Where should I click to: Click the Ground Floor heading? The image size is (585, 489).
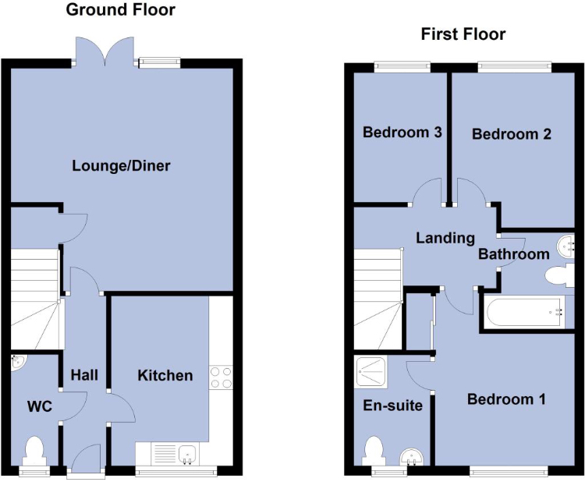tap(120, 9)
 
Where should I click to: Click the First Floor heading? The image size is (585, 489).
tap(463, 34)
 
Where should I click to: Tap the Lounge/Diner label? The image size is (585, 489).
tap(121, 165)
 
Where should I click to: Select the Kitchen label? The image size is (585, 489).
tap(165, 375)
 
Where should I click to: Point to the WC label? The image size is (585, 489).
tap(40, 406)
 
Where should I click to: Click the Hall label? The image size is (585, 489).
tap(84, 375)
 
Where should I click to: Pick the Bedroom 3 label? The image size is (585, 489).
tap(402, 133)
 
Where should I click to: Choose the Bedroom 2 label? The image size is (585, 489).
tap(511, 134)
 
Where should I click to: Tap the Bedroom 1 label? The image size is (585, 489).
tap(506, 399)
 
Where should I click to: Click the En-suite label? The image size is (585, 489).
tap(392, 406)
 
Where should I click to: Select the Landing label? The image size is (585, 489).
tap(445, 238)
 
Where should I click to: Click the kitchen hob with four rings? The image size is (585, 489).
tap(221, 377)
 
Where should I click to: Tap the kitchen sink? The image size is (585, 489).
tap(187, 455)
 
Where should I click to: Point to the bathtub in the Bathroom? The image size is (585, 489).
tap(525, 312)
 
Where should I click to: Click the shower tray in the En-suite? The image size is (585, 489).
tap(371, 371)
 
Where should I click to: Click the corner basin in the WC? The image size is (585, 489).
tap(18, 363)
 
